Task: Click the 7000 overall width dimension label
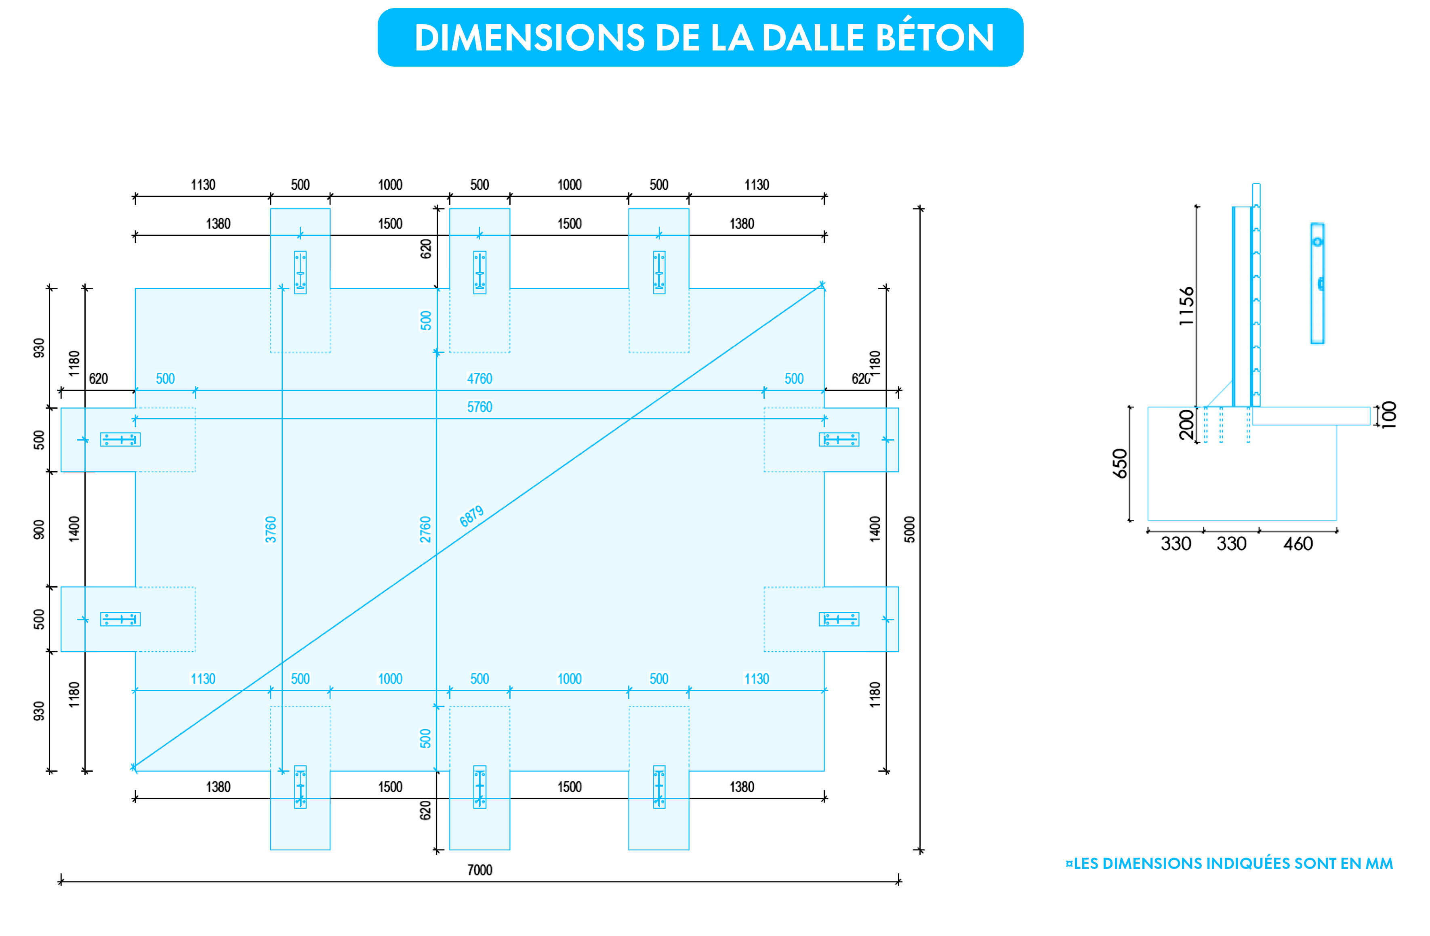point(479,869)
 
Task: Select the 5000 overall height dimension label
point(910,529)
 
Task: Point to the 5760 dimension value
point(479,407)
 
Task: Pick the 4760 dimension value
point(479,378)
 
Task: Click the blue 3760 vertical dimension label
point(271,529)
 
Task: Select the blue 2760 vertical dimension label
point(425,529)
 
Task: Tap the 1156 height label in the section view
point(1186,306)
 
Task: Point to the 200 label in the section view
point(1186,425)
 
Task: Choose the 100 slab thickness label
point(1388,415)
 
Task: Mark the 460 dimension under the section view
point(1298,544)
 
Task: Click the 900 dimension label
point(39,529)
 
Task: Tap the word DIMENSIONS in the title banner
point(529,38)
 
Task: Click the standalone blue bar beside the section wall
point(1317,283)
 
